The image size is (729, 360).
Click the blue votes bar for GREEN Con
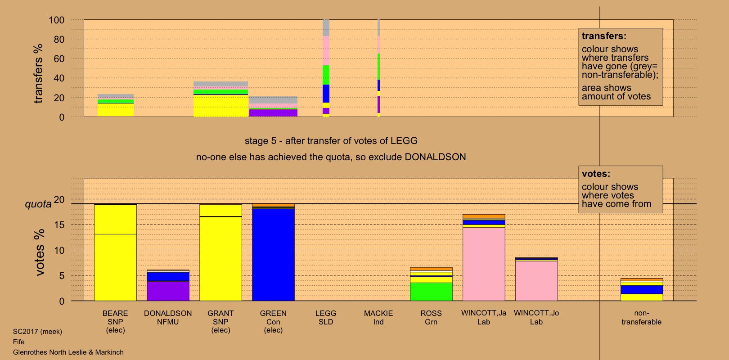pyautogui.click(x=273, y=254)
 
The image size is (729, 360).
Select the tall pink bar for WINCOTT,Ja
pyautogui.click(x=484, y=264)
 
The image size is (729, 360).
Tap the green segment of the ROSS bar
pyautogui.click(x=431, y=292)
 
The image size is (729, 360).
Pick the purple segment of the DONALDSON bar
pyautogui.click(x=168, y=291)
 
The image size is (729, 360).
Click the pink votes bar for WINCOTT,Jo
pyautogui.click(x=536, y=281)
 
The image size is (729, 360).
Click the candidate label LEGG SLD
pyautogui.click(x=326, y=317)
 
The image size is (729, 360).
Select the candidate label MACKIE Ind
pyautogui.click(x=378, y=317)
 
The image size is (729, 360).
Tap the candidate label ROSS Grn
pyautogui.click(x=431, y=317)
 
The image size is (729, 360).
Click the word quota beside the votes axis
pyautogui.click(x=38, y=204)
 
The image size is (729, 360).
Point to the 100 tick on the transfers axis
pyautogui.click(x=57, y=20)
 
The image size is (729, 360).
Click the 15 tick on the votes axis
pyautogui.click(x=59, y=225)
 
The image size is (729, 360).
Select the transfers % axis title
pyautogui.click(x=38, y=73)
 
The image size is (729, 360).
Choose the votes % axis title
pyautogui.click(x=40, y=252)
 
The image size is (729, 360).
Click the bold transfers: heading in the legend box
pyautogui.click(x=604, y=36)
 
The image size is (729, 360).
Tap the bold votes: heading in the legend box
pyautogui.click(x=596, y=174)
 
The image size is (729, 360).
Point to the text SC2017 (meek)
pyautogui.click(x=37, y=332)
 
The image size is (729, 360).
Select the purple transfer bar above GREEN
pyautogui.click(x=273, y=113)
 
